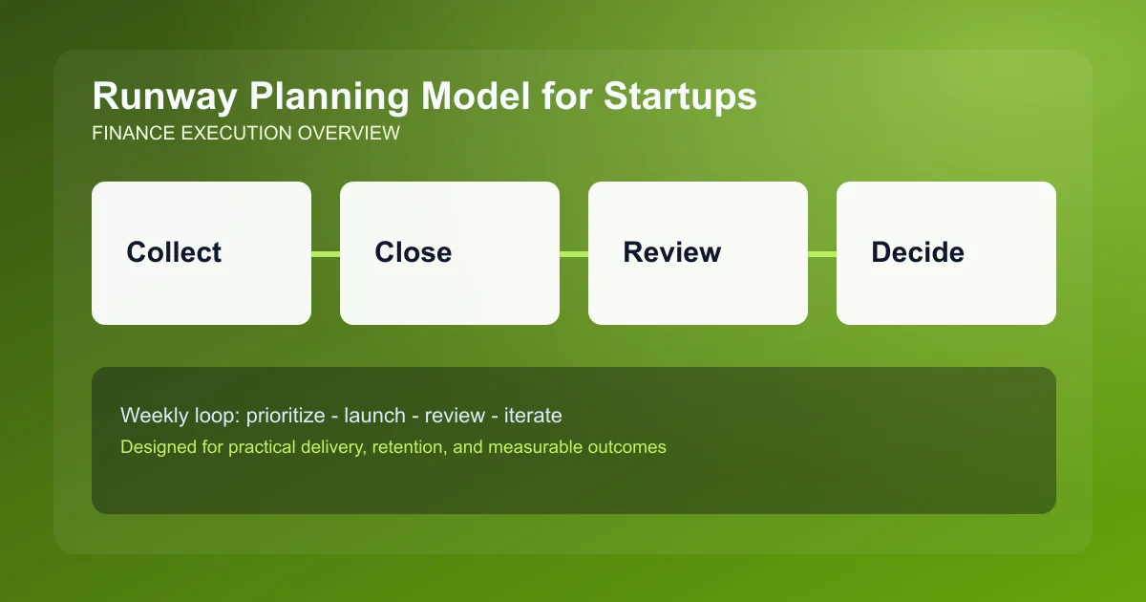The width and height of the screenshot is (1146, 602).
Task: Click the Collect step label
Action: pos(174,252)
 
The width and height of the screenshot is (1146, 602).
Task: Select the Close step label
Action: pos(413,252)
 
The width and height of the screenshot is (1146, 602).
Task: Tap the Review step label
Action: pos(671,252)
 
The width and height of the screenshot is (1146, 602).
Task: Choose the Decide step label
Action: pos(917,252)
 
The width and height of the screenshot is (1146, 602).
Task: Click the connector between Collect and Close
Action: pos(326,253)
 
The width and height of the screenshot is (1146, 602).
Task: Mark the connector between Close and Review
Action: pos(574,253)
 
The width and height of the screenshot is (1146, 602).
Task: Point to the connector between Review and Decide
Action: pos(822,253)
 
